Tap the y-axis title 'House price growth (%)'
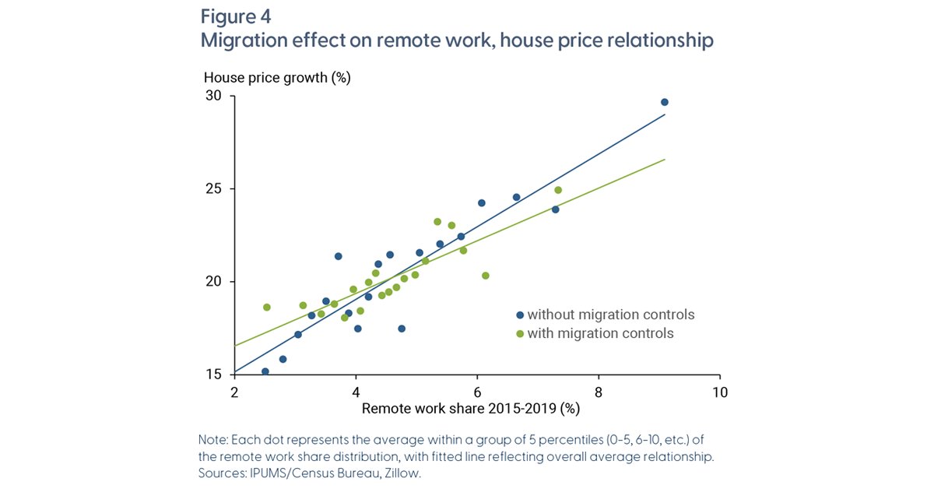(277, 78)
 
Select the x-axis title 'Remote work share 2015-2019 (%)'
(471, 409)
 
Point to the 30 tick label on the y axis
(213, 96)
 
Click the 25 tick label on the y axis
(213, 188)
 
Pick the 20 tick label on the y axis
(213, 281)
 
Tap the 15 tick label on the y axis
(213, 375)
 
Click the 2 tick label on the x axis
(234, 392)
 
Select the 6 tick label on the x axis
(477, 392)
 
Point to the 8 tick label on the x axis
(599, 392)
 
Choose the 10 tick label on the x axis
(720, 392)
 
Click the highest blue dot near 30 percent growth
(665, 102)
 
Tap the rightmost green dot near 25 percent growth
(558, 190)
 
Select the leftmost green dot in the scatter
(267, 308)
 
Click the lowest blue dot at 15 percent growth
(265, 371)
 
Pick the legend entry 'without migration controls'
(606, 315)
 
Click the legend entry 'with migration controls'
(595, 333)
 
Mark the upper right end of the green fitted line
(665, 159)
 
